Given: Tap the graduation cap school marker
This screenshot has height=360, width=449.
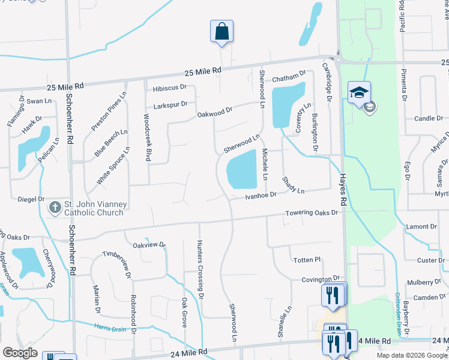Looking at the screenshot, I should pyautogui.click(x=359, y=92).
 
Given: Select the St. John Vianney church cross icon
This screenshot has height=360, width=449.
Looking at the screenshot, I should pyautogui.click(x=54, y=208).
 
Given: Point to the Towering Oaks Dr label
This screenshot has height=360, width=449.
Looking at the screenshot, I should pyautogui.click(x=312, y=213).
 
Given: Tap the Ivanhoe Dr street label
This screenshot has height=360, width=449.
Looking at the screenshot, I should pyautogui.click(x=261, y=195).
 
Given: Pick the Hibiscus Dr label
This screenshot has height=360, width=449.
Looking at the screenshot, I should pyautogui.click(x=170, y=88).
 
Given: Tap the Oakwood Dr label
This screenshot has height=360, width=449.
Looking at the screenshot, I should pyautogui.click(x=215, y=112).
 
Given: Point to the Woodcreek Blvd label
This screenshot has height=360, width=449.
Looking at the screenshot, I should pyautogui.click(x=147, y=137).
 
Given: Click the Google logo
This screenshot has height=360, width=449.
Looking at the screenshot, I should pyautogui.click(x=20, y=353).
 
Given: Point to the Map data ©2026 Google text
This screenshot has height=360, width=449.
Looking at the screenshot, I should pyautogui.click(x=411, y=355).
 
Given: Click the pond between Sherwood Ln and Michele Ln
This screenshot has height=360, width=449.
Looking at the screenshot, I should pyautogui.click(x=243, y=169).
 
